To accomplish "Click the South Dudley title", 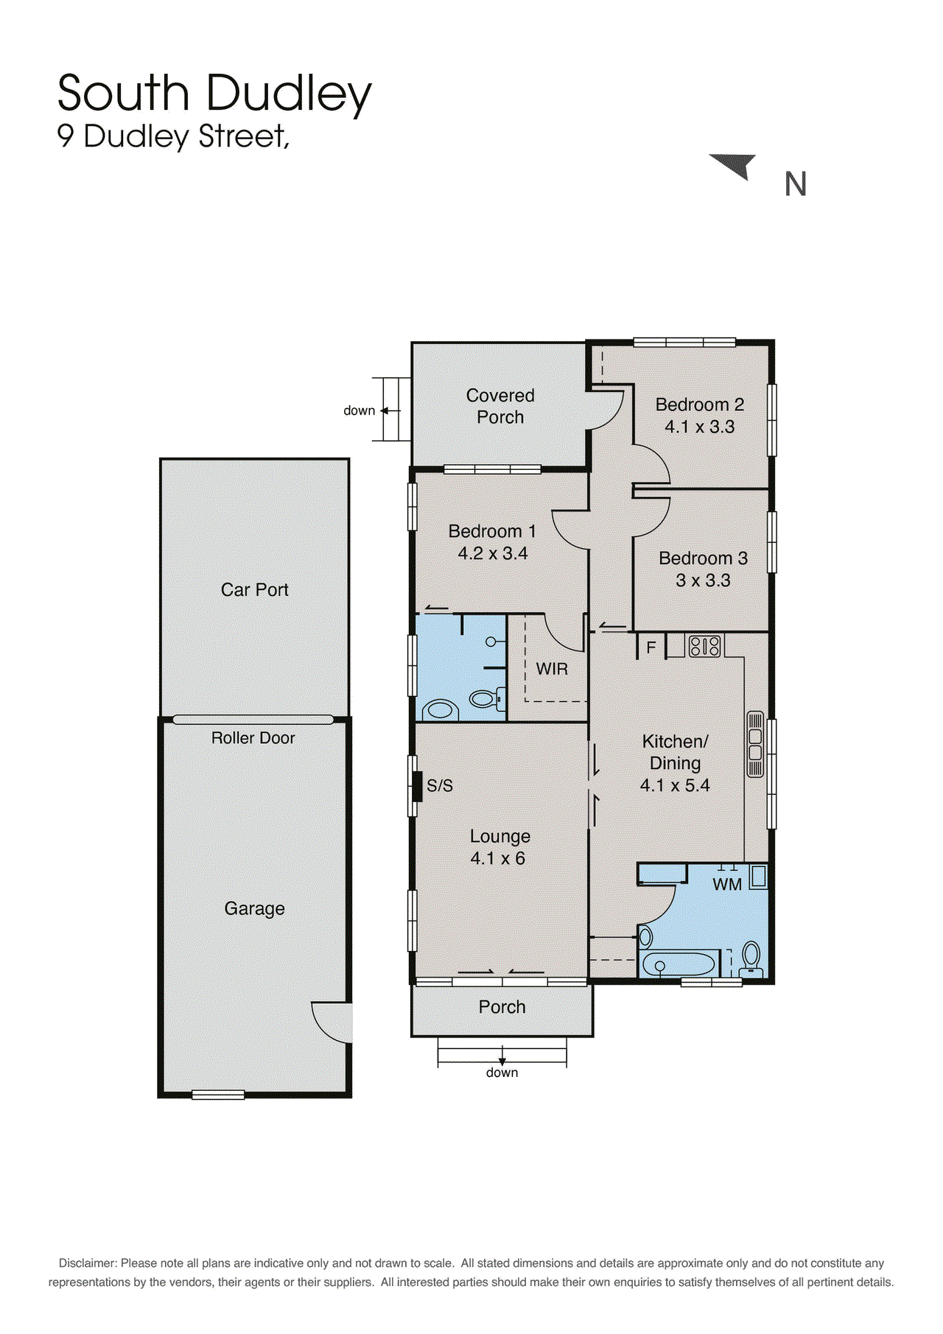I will point(214,94).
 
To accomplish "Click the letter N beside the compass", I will point(795,184).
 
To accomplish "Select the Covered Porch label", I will point(500,406).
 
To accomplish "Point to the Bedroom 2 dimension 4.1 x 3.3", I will point(699,426).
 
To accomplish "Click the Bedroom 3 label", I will point(703,558).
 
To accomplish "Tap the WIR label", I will point(552,669).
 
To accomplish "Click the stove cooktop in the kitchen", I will point(704,646).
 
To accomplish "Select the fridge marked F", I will point(651,647).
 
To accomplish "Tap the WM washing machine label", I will point(727,884).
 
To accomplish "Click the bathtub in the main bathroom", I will point(679,964).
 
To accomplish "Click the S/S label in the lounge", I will point(440,786).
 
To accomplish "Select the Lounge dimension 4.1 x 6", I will point(498,858).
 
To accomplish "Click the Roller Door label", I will point(253,738).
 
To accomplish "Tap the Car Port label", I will point(254,589).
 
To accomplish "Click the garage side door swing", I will point(332,1022).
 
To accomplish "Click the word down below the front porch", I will point(502,1073).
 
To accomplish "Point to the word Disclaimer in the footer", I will point(88,1263).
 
